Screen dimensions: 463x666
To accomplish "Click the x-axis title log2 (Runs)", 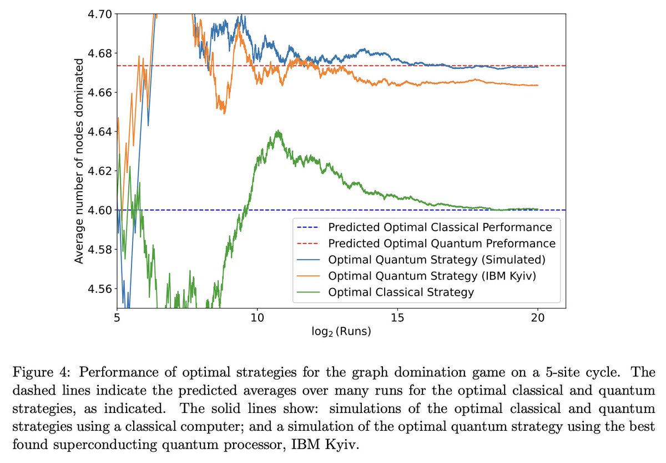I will point(341,332).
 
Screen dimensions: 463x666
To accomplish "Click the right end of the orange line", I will point(538,85).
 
